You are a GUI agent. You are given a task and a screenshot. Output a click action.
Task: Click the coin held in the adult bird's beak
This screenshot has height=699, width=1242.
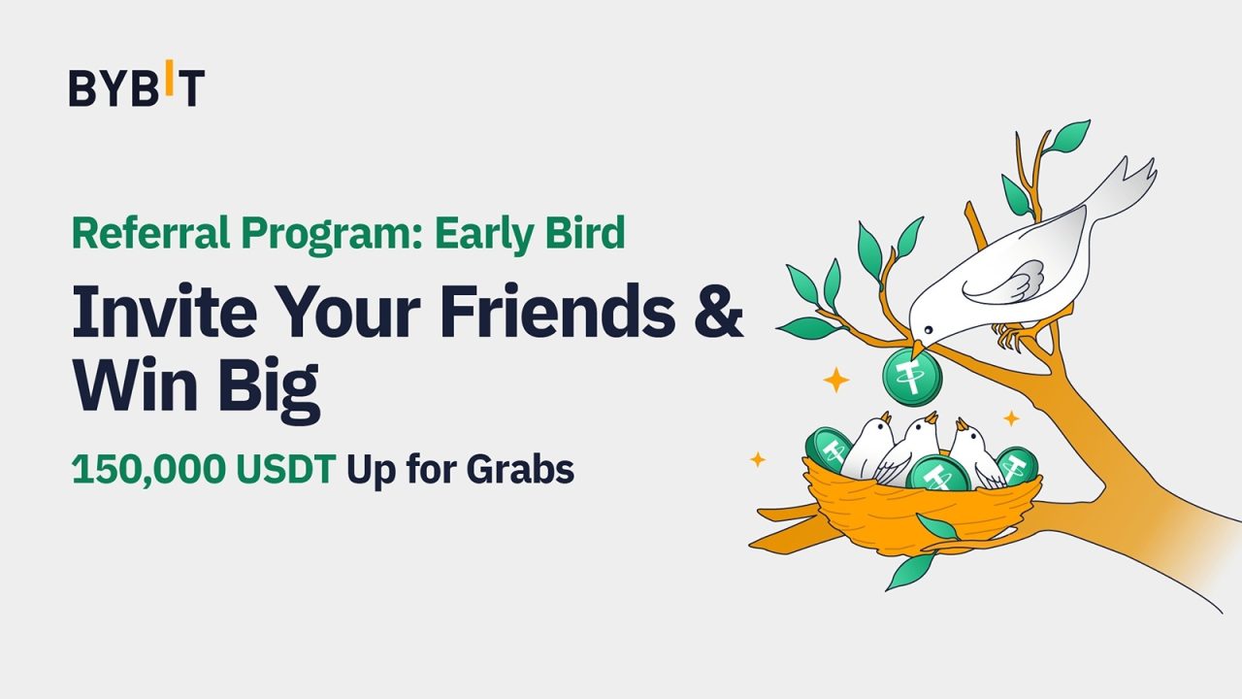[912, 377]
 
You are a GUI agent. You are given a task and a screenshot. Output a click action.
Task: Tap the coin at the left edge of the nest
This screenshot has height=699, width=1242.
[829, 450]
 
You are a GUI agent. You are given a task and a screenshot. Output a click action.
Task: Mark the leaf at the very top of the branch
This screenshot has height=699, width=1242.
[1071, 134]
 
